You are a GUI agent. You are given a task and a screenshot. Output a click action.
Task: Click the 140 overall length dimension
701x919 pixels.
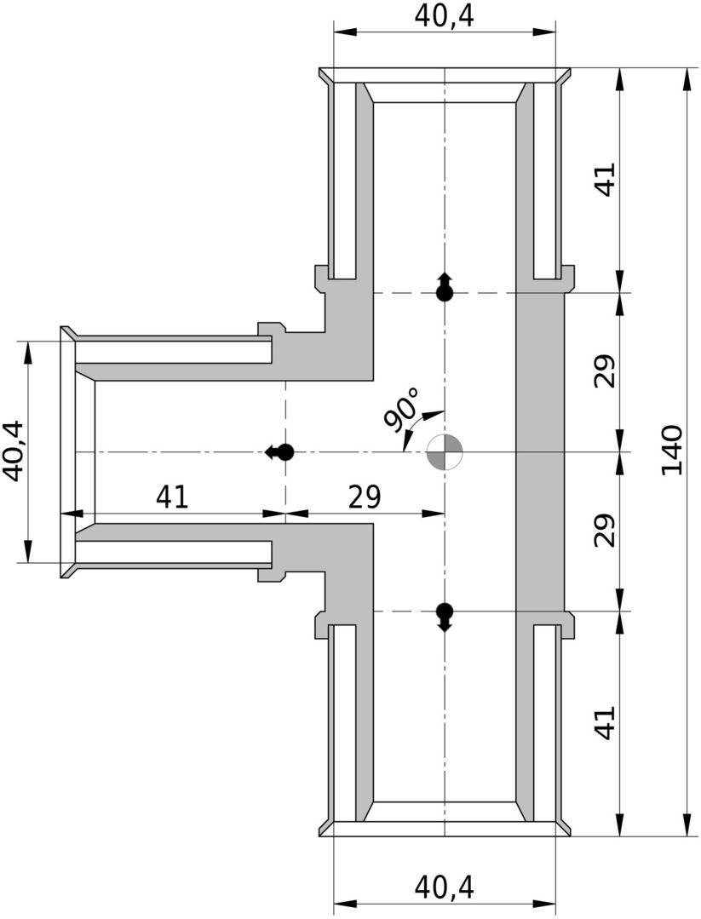point(672,450)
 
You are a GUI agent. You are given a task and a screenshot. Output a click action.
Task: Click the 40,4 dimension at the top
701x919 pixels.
point(444,16)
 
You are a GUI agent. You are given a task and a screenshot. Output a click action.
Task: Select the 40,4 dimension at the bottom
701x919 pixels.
point(444,887)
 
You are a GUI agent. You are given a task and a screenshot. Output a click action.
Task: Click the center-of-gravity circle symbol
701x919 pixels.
point(445,452)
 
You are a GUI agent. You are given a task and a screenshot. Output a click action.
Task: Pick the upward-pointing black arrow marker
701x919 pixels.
point(445,286)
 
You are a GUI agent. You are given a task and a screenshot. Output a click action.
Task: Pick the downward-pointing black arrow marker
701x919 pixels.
point(445,617)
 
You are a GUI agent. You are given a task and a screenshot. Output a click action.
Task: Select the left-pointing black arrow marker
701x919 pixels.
point(279,452)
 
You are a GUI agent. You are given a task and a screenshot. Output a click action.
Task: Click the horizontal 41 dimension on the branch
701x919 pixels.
point(172,497)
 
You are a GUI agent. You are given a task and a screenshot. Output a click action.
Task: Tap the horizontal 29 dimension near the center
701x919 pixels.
point(365,497)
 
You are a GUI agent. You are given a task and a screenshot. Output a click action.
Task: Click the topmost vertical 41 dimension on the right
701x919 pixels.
point(605,180)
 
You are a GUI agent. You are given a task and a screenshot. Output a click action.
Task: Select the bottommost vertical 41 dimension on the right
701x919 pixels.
point(605,722)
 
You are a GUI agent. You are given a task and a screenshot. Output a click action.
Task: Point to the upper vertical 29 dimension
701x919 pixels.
point(605,371)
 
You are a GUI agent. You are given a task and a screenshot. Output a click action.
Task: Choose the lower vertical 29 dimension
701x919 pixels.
point(605,531)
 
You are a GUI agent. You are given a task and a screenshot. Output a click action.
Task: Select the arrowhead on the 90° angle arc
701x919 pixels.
point(433,416)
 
